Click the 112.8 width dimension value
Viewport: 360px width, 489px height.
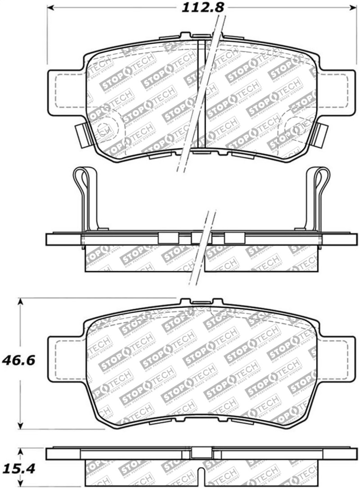[202, 7]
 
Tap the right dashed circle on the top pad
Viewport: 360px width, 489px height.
[297, 128]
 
